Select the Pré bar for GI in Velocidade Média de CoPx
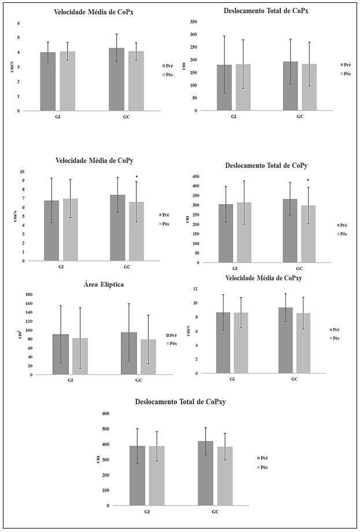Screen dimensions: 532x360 (48, 82)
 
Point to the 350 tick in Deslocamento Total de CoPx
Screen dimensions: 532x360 (193, 22)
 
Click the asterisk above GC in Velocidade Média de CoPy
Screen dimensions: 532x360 (136, 177)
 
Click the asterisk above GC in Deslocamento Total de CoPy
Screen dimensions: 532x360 (308, 181)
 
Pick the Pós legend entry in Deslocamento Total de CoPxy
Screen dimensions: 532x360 (263, 467)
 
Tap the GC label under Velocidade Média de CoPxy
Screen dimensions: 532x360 (295, 379)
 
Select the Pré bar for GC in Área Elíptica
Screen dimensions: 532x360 (129, 353)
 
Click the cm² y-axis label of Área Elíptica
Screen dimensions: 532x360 (20, 334)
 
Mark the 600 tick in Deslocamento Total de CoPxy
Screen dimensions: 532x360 (105, 413)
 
